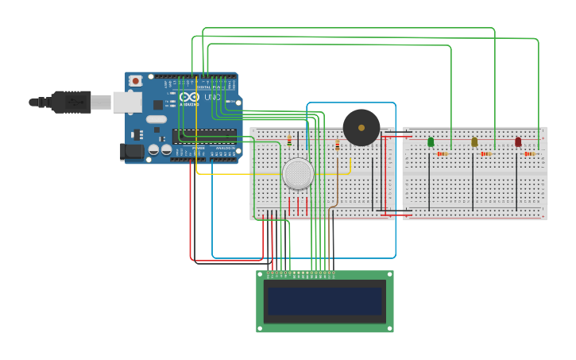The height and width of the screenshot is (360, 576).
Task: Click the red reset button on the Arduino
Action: coord(135,80)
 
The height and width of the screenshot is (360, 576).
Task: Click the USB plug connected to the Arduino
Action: coord(72,102)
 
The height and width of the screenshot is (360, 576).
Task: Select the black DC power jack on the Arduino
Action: coord(132,150)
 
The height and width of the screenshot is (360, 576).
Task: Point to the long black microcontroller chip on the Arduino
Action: coord(204,136)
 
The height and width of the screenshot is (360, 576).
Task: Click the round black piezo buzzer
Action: coord(361,127)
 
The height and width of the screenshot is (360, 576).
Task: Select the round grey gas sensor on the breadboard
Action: coord(298,173)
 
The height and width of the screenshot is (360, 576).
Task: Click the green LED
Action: coord(431,141)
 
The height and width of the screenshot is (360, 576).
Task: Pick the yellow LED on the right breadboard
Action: coord(474,141)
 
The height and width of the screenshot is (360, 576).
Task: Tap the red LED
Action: coord(518,141)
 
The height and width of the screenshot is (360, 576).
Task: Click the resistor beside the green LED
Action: coord(443,153)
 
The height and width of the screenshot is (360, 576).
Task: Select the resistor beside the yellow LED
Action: coord(486,153)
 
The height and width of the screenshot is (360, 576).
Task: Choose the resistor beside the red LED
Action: coord(530,153)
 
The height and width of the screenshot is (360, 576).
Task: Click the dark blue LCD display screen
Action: coord(324,301)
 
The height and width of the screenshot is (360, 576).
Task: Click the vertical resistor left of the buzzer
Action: coord(337,145)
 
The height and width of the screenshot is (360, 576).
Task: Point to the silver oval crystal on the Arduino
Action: coord(157,119)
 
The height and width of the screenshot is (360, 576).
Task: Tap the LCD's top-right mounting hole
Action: coord(389,274)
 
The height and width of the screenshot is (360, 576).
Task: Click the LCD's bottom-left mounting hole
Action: coord(260,327)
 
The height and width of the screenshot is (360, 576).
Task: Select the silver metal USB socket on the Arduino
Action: coord(127,102)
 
